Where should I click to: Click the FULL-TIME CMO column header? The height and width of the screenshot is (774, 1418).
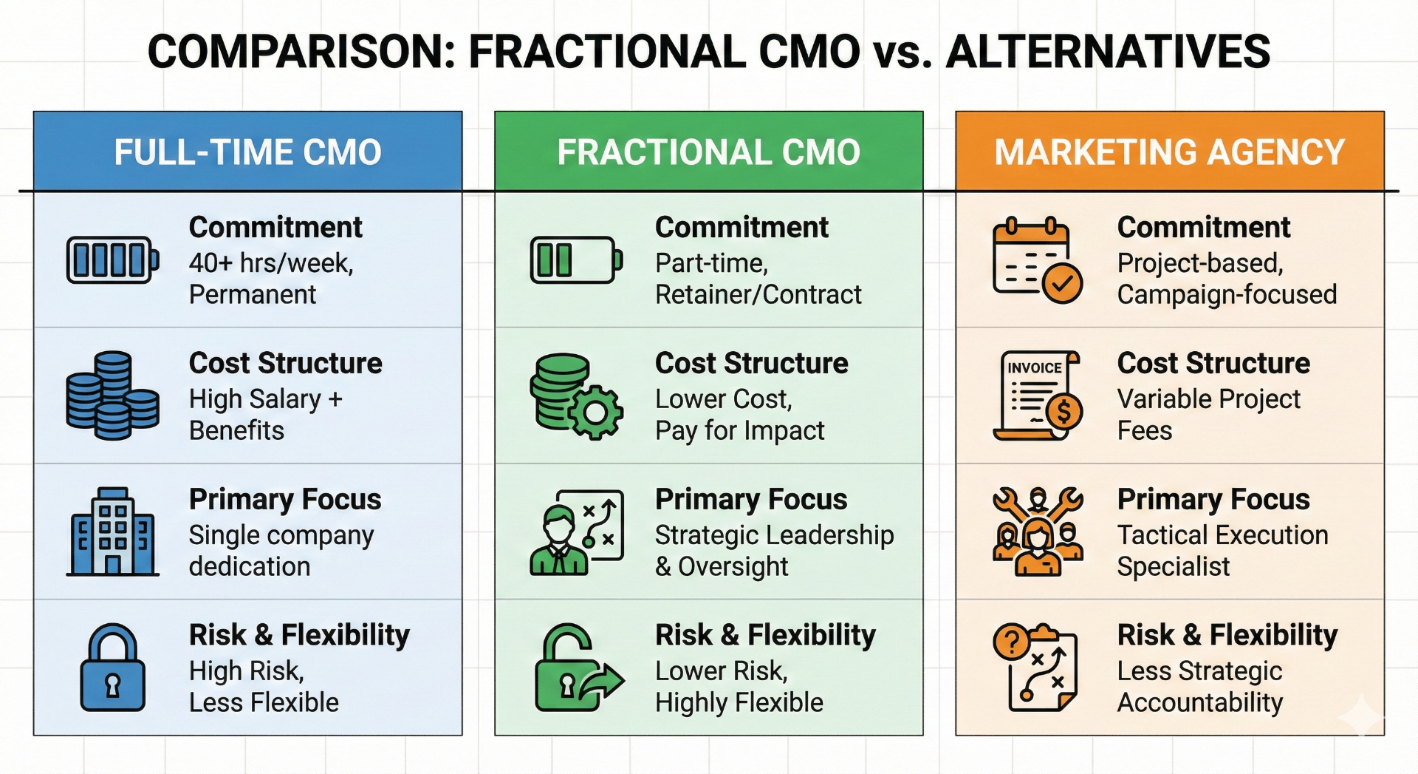coord(247,152)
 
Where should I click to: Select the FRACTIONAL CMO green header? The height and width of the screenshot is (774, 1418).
coord(708,152)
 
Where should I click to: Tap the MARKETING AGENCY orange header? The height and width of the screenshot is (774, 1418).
coord(1169,152)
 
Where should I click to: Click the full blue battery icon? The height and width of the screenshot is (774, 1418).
coord(112,260)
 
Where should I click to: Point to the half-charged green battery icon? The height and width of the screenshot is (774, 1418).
coord(575,260)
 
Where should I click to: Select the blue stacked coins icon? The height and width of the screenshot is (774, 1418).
coord(112,396)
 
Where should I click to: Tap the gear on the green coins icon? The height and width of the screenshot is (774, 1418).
coord(595,412)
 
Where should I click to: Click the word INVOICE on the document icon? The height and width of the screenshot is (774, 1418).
coord(1034,367)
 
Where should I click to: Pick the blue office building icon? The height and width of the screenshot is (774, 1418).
coord(112,532)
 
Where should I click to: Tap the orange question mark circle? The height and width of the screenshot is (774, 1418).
coord(1011,642)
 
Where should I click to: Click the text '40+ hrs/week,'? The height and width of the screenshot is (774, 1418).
coord(271,263)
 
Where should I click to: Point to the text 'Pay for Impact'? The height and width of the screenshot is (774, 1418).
coord(739,430)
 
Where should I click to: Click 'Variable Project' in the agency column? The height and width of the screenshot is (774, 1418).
coord(1208,399)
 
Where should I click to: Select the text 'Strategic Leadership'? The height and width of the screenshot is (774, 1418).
coord(774,535)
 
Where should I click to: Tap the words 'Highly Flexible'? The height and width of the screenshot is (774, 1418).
coord(739,702)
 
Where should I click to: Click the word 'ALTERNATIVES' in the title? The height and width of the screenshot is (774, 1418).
coord(1108,52)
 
